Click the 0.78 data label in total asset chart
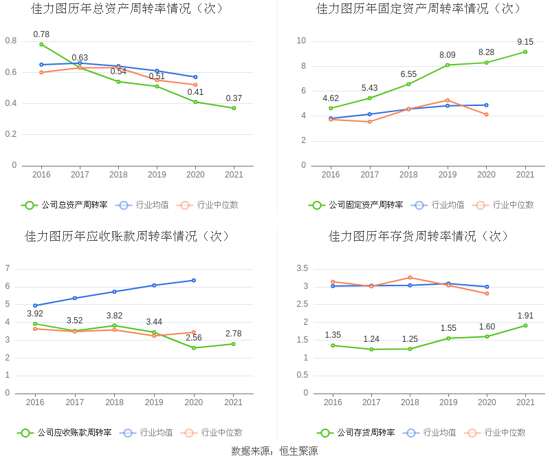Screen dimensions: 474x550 point(41,34)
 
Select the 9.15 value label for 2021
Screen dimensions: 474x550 point(525,42)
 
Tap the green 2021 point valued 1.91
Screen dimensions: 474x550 point(525,325)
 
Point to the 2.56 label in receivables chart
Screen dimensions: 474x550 point(194,337)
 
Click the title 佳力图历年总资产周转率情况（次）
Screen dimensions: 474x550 point(128,9)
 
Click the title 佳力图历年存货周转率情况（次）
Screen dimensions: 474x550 point(419,236)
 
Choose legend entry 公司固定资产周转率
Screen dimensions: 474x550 point(365,205)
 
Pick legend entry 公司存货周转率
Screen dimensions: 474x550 point(365,433)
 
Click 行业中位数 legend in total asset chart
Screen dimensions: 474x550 point(217,205)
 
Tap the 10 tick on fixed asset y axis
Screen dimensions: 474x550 point(301,41)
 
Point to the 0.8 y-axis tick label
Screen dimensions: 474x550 point(11,41)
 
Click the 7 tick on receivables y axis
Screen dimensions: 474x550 point(8,268)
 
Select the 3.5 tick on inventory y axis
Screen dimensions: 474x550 point(302,268)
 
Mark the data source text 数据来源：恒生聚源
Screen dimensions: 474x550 point(274,451)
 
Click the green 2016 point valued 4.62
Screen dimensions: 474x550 point(331,108)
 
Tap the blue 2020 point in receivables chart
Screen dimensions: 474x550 point(194,280)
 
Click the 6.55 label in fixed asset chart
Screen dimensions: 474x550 point(408,74)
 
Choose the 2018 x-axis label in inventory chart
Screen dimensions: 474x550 point(410,402)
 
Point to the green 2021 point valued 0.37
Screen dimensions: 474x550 point(234,108)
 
